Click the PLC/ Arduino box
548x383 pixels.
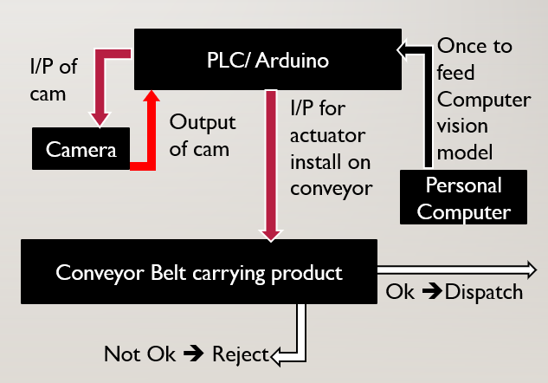[268, 59]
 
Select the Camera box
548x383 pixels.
[81, 149]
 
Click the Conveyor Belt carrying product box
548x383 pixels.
[198, 272]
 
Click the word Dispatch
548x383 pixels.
[484, 292]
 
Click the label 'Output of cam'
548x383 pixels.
[202, 135]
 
